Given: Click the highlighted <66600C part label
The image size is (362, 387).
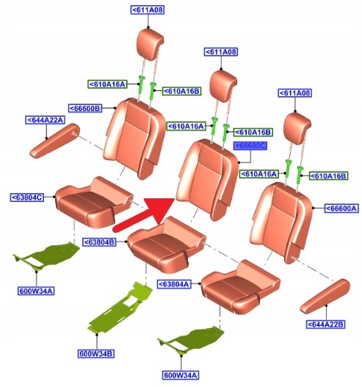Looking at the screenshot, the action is pyautogui.click(x=250, y=146).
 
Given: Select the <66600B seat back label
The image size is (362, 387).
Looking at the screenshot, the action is pyautogui.click(x=85, y=108).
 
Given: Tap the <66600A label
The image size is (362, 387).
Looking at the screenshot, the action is pyautogui.click(x=341, y=209).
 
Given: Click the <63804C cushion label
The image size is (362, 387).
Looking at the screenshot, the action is pyautogui.click(x=27, y=198).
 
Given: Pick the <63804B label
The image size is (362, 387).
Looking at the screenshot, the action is pyautogui.click(x=99, y=242).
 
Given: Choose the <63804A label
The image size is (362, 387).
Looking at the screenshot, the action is pyautogui.click(x=174, y=284).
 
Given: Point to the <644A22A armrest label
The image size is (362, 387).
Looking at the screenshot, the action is pyautogui.click(x=45, y=120).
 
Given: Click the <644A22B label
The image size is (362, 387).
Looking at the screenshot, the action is pyautogui.click(x=325, y=324).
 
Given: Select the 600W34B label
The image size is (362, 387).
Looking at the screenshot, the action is pyautogui.click(x=96, y=354).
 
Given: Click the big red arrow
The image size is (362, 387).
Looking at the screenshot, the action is pyautogui.click(x=145, y=214).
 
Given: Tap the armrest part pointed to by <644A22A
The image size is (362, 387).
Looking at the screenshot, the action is pyautogui.click(x=55, y=140).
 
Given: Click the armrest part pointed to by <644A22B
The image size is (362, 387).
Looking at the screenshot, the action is pyautogui.click(x=325, y=296).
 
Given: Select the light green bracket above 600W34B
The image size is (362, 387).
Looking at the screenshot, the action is pyautogui.click(x=120, y=308).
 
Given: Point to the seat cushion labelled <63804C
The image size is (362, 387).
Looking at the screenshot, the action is pyautogui.click(x=94, y=202).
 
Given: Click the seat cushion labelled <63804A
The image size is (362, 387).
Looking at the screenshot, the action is pyautogui.click(x=240, y=286).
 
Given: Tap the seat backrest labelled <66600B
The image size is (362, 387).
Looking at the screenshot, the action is pyautogui.click(x=134, y=138).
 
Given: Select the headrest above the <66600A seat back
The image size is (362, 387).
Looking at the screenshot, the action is pyautogui.click(x=297, y=129).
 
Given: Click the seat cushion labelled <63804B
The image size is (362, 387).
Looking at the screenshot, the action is pyautogui.click(x=167, y=245).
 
